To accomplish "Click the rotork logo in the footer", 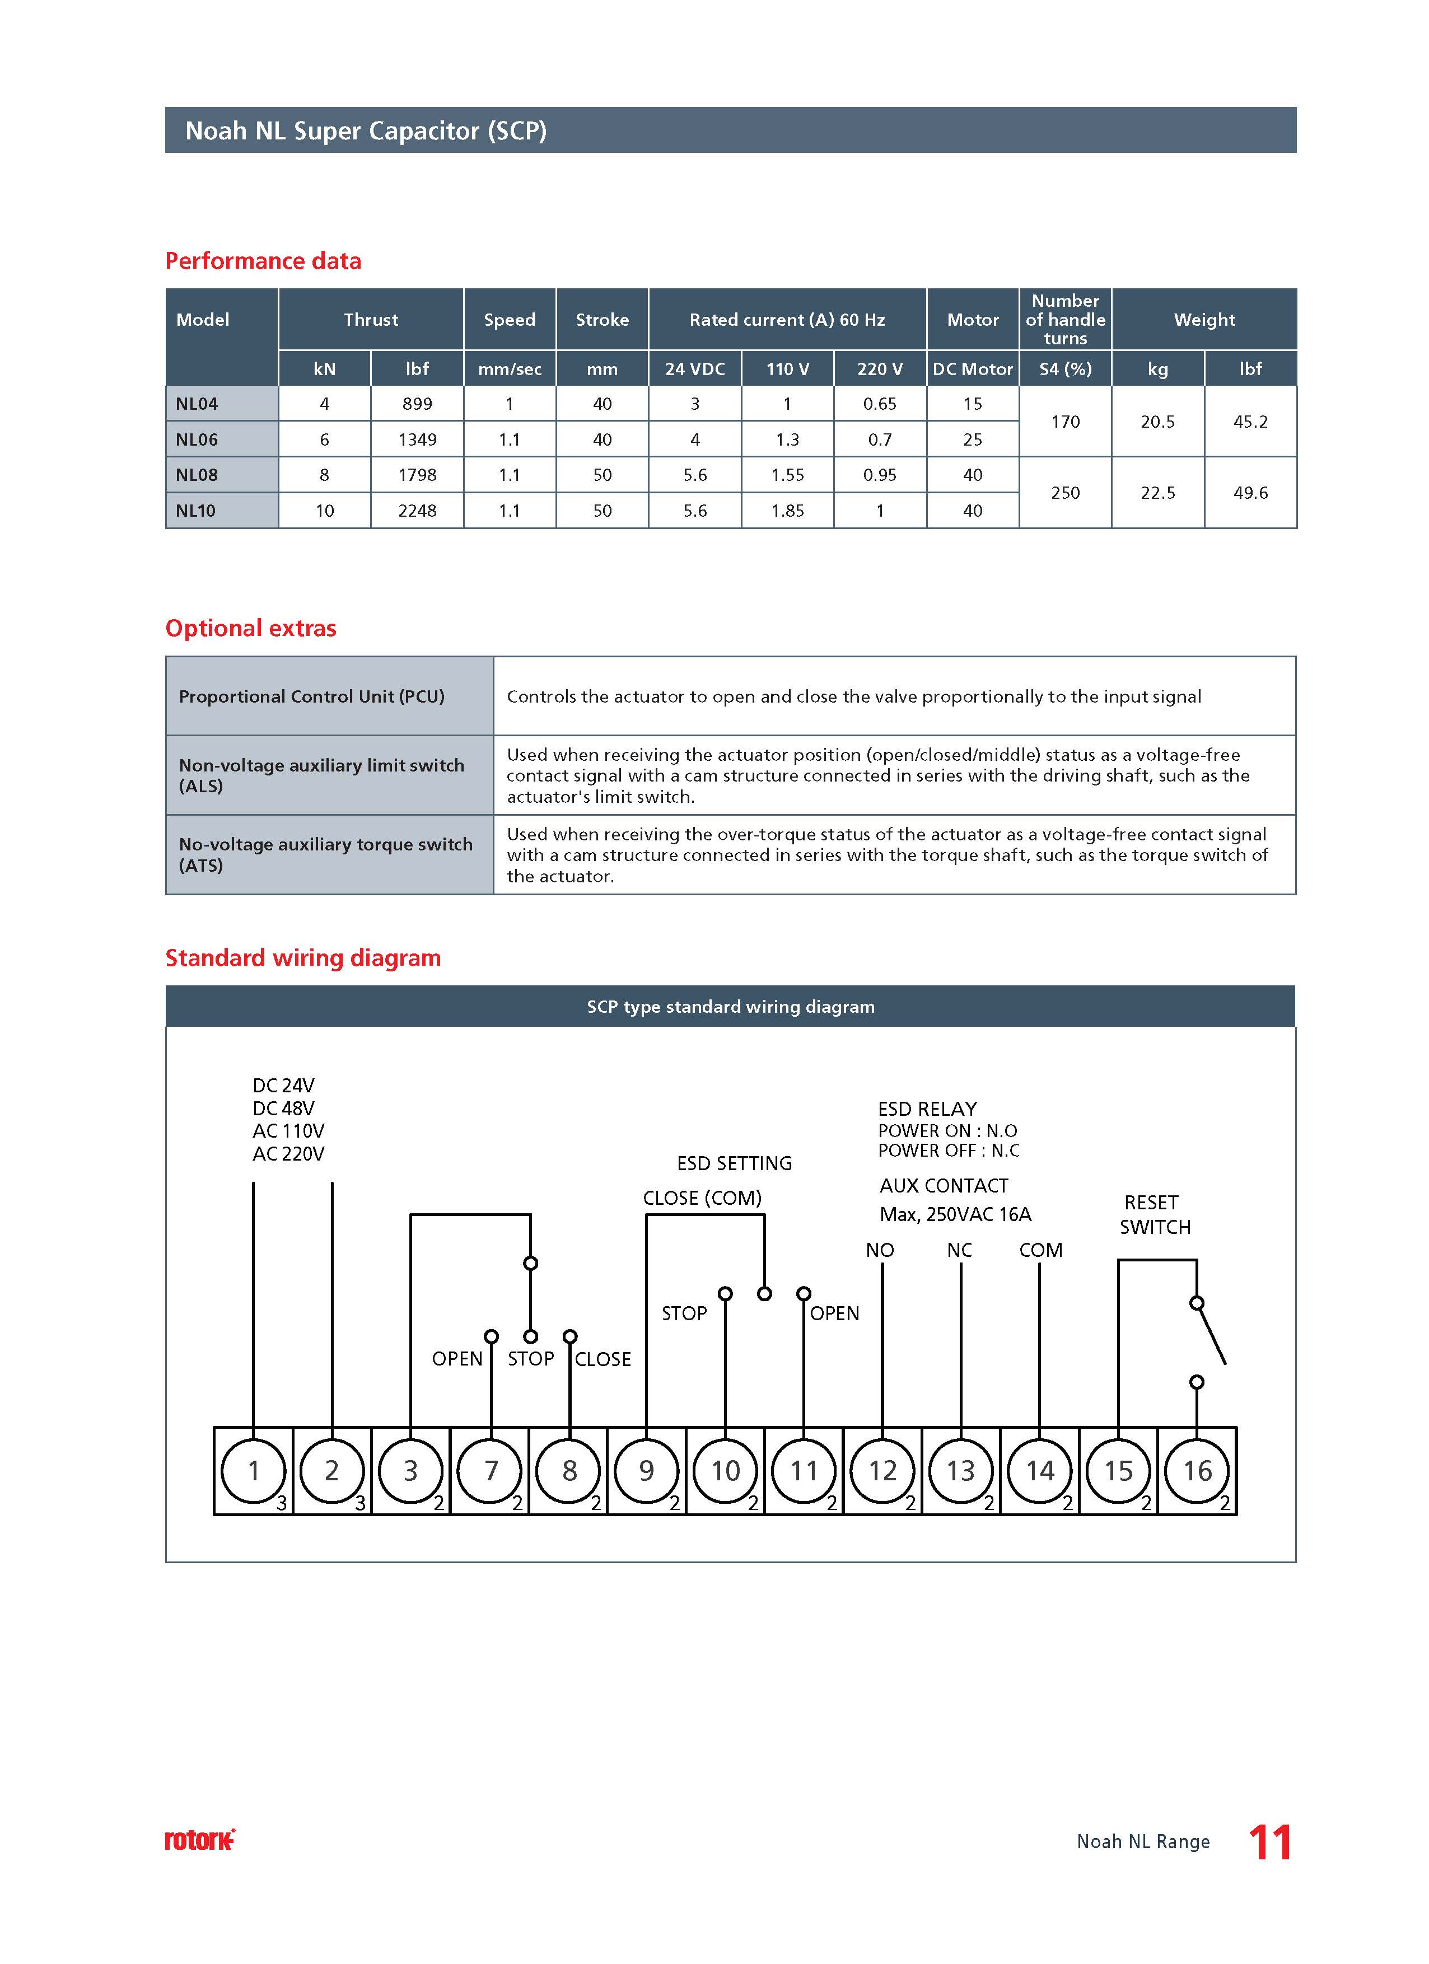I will [199, 1840].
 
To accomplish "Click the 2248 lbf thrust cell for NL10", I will [417, 511].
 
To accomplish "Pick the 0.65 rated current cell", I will [879, 404].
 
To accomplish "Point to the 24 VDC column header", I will [694, 369].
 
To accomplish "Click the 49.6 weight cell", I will [1250, 493].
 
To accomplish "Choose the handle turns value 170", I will [1064, 422].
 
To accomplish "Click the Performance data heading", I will [263, 261].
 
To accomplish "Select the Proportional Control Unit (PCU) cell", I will [312, 696].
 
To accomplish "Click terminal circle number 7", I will [490, 1470].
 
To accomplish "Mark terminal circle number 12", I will [882, 1470].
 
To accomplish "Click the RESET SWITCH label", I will [1155, 1214].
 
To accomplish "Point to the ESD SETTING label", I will [735, 1163].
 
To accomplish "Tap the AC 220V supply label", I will [288, 1153].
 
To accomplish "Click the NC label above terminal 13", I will [960, 1250].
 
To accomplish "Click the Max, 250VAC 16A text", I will [955, 1214].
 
